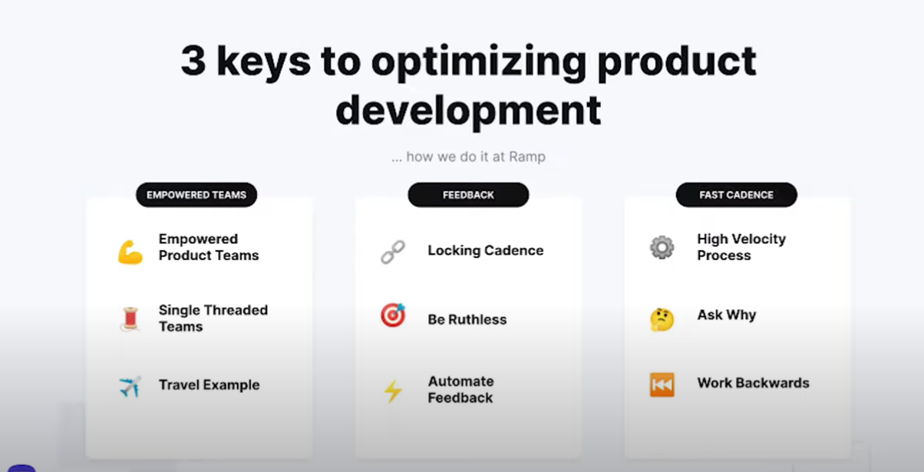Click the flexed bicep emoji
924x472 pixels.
(x=130, y=252)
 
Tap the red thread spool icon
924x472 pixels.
(x=130, y=319)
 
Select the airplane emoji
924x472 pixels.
(x=130, y=386)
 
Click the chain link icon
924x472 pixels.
(x=393, y=251)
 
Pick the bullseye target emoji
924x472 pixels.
(x=393, y=315)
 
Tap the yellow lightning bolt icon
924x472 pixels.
(x=393, y=391)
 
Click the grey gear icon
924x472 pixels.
(x=662, y=247)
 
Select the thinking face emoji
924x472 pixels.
(x=662, y=319)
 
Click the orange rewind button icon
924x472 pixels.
(x=662, y=385)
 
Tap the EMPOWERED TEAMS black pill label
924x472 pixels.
(x=196, y=195)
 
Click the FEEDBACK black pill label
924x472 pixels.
(x=468, y=195)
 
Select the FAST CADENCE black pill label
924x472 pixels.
(x=736, y=195)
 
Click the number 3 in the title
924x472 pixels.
(x=193, y=61)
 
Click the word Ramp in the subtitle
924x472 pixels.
(x=527, y=157)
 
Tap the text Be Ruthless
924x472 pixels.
(x=467, y=319)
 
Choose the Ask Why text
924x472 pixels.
(x=727, y=315)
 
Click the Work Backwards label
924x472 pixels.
(x=753, y=383)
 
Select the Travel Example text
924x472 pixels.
(x=210, y=385)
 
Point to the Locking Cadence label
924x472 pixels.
(x=486, y=250)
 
